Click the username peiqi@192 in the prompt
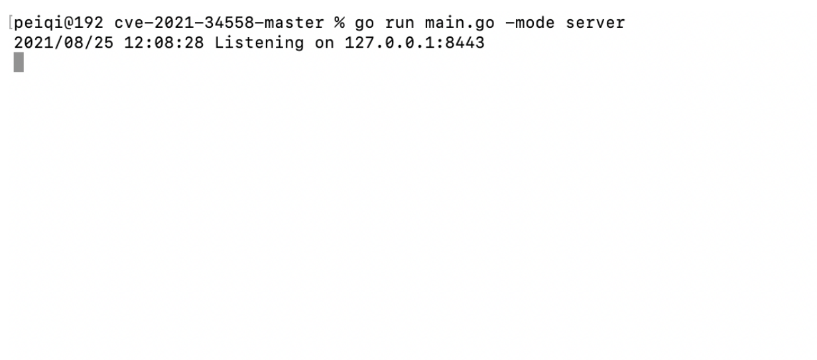[x=59, y=23]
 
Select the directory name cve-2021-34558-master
[x=220, y=23]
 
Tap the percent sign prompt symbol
[x=340, y=23]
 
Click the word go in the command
[x=365, y=24]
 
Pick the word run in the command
[x=400, y=24]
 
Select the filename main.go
[x=460, y=23]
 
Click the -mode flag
[x=531, y=23]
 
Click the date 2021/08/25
[x=64, y=43]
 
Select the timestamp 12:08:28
[x=164, y=43]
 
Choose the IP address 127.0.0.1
[x=390, y=43]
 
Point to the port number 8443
[x=465, y=43]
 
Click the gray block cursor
[x=19, y=62]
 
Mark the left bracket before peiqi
[x=11, y=23]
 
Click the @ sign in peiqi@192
[x=69, y=23]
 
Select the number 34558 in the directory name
[x=229, y=23]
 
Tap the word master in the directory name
[x=294, y=23]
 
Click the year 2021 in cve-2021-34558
[x=174, y=23]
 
